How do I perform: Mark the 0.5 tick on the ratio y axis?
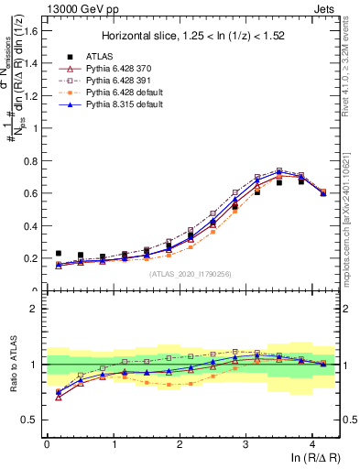click(32, 420)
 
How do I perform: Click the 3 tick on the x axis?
click(245, 444)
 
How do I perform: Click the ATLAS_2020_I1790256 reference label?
click(191, 274)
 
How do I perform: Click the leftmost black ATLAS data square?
click(59, 254)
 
